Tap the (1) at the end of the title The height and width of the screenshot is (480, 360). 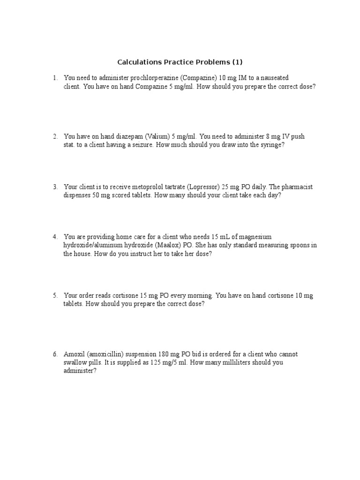[x=238, y=62]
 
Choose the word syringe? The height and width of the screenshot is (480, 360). [x=272, y=145]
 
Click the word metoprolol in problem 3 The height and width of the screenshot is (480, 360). [x=143, y=187]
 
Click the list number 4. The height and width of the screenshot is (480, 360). [x=55, y=237]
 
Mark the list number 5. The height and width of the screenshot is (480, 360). [x=55, y=295]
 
